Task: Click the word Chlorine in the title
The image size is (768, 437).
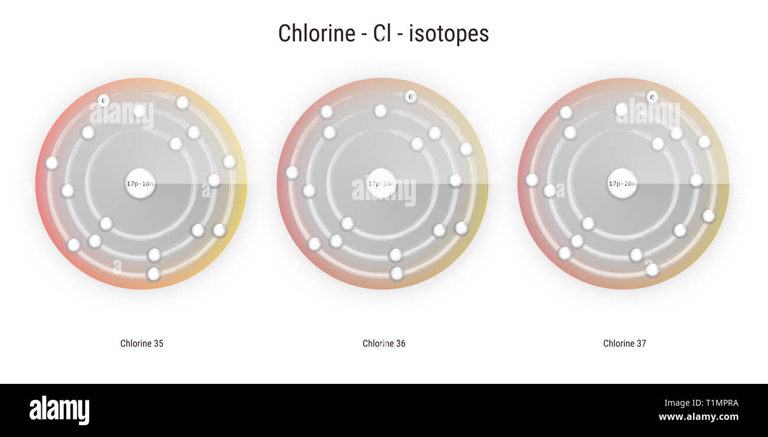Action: (316, 33)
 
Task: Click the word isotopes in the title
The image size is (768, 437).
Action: (449, 33)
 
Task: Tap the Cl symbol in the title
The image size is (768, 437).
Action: (383, 33)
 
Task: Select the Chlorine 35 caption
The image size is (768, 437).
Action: (142, 343)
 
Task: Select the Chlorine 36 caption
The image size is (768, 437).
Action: (384, 343)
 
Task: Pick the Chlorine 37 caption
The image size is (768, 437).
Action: (624, 343)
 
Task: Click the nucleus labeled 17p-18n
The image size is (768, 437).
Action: (140, 184)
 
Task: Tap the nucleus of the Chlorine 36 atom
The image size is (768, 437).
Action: (382, 184)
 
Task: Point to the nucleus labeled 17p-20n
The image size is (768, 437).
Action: (622, 184)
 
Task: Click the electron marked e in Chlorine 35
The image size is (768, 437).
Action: (103, 100)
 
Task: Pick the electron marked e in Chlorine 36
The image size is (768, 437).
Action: (411, 96)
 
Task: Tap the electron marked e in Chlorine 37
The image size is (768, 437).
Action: (652, 96)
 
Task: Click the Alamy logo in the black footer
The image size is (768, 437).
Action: (59, 410)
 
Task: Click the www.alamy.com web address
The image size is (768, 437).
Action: (698, 417)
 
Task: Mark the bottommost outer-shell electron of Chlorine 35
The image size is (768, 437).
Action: (154, 274)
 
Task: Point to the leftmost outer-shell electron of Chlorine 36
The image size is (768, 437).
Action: (292, 172)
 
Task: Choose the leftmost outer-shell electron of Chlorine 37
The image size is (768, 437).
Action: (532, 180)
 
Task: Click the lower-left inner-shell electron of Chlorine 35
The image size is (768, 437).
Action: (106, 223)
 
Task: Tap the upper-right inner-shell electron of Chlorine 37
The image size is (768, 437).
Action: (658, 144)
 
